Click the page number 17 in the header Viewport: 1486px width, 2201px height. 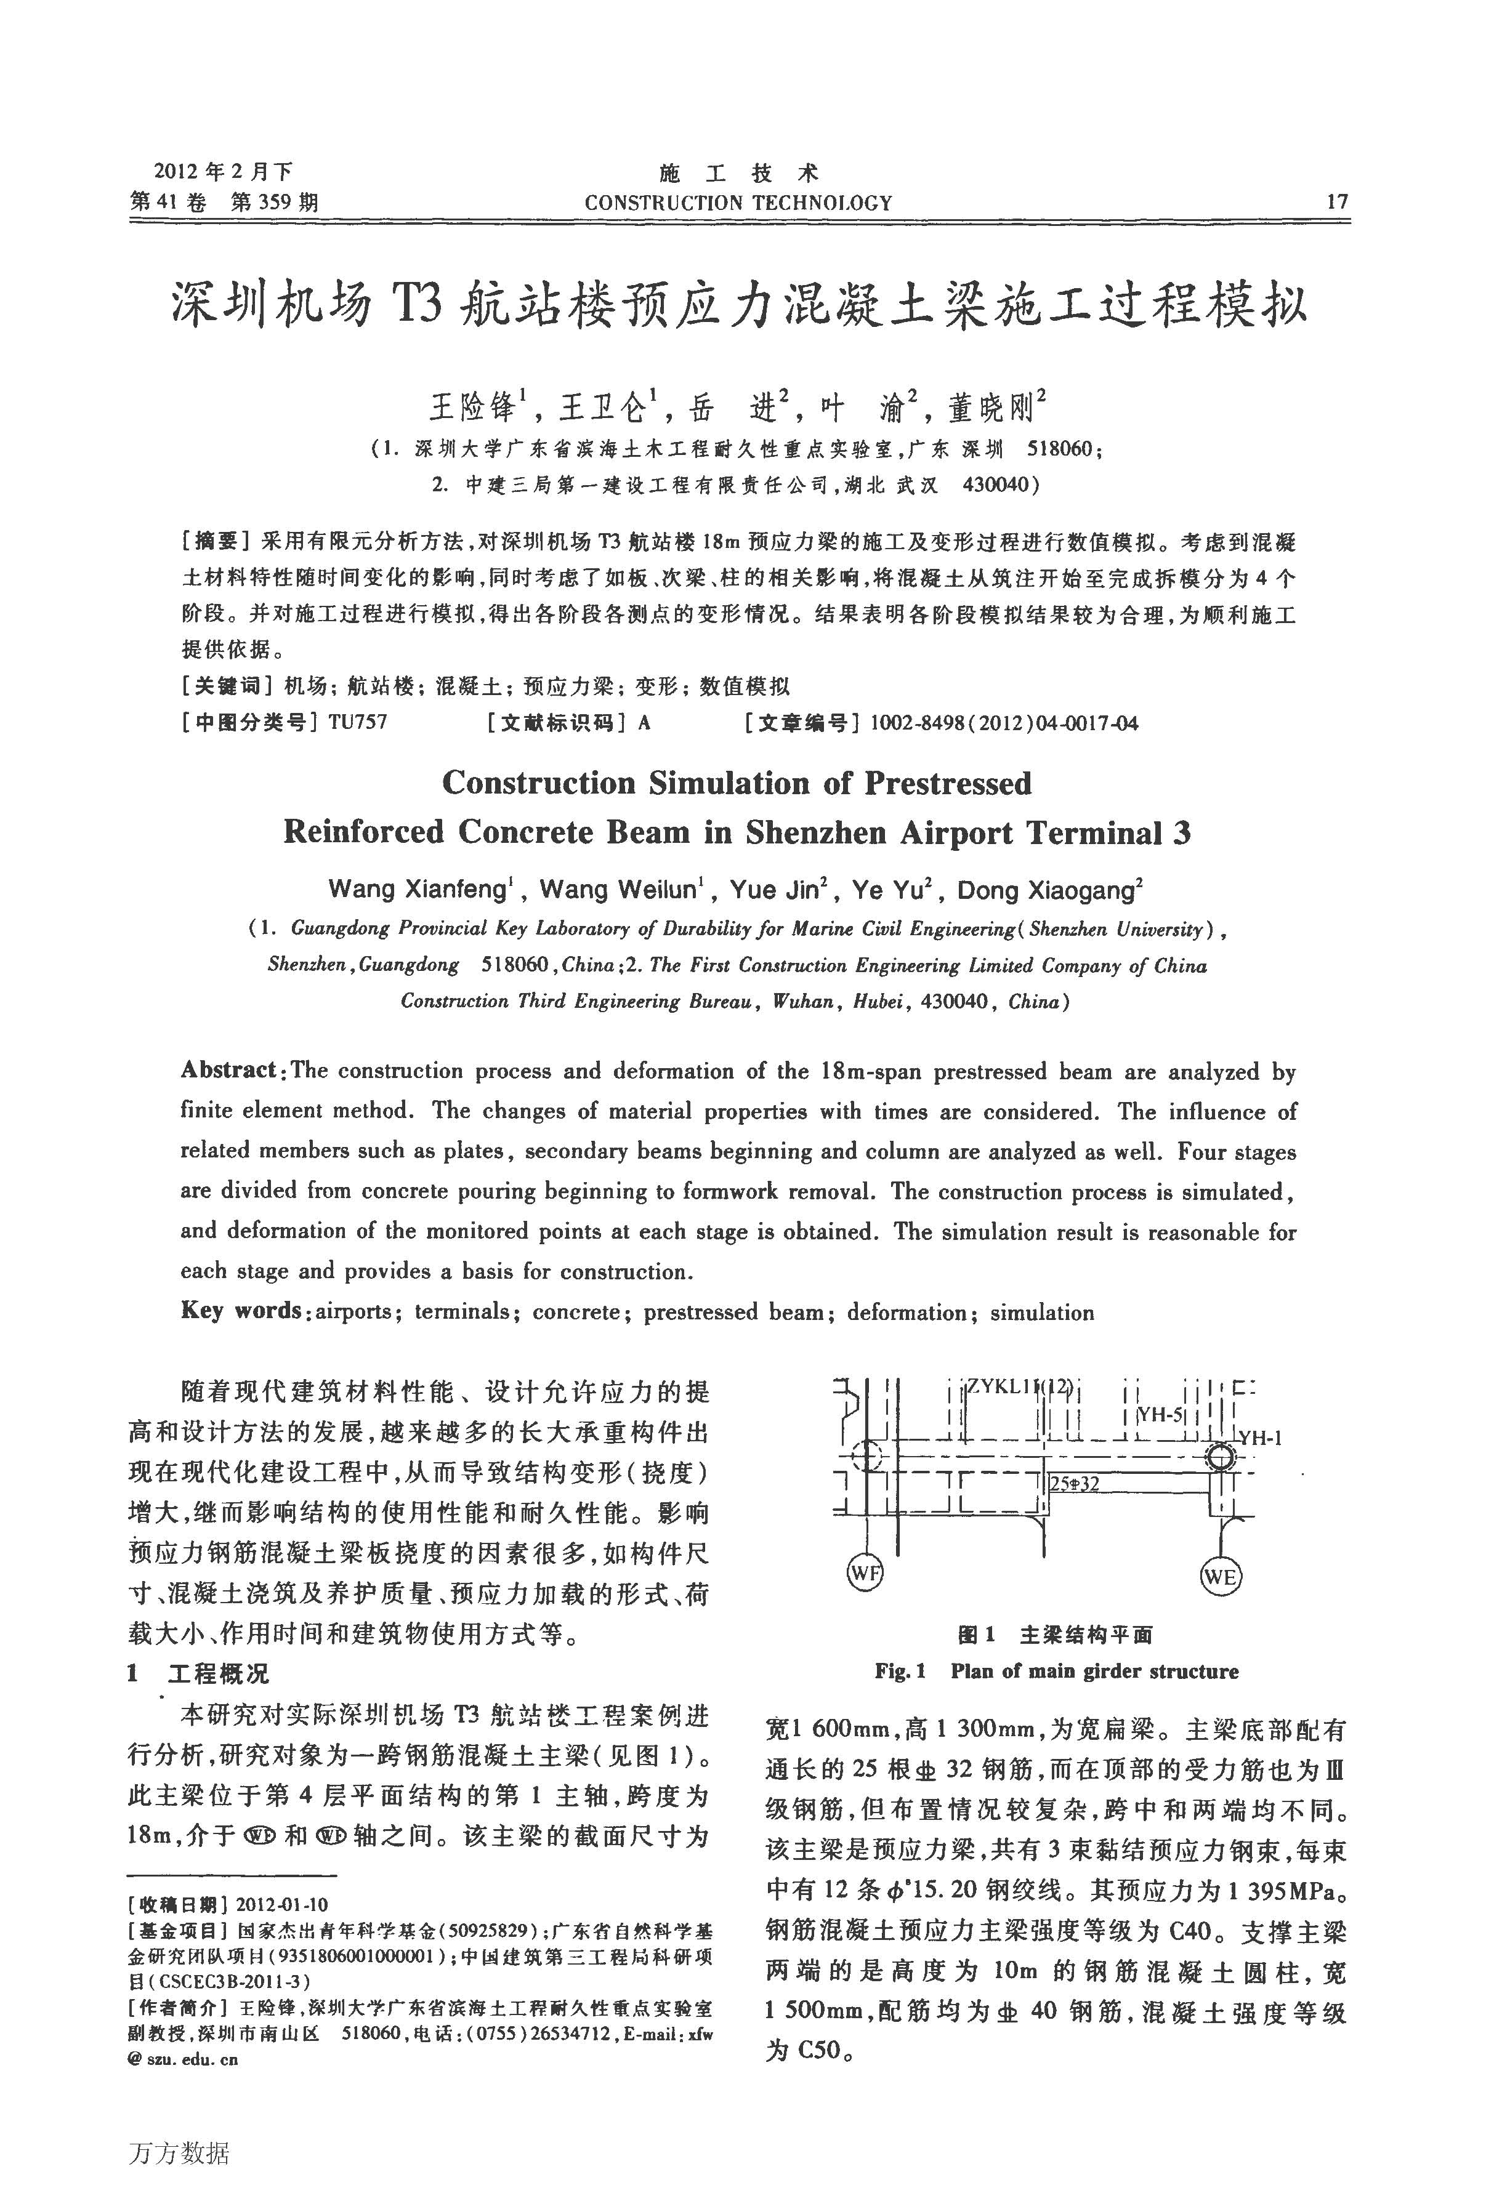point(1336,202)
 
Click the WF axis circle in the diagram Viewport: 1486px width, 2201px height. point(864,1573)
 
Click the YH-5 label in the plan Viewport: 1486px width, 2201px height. point(1160,1415)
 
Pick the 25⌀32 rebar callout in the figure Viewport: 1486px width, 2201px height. point(1075,1484)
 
